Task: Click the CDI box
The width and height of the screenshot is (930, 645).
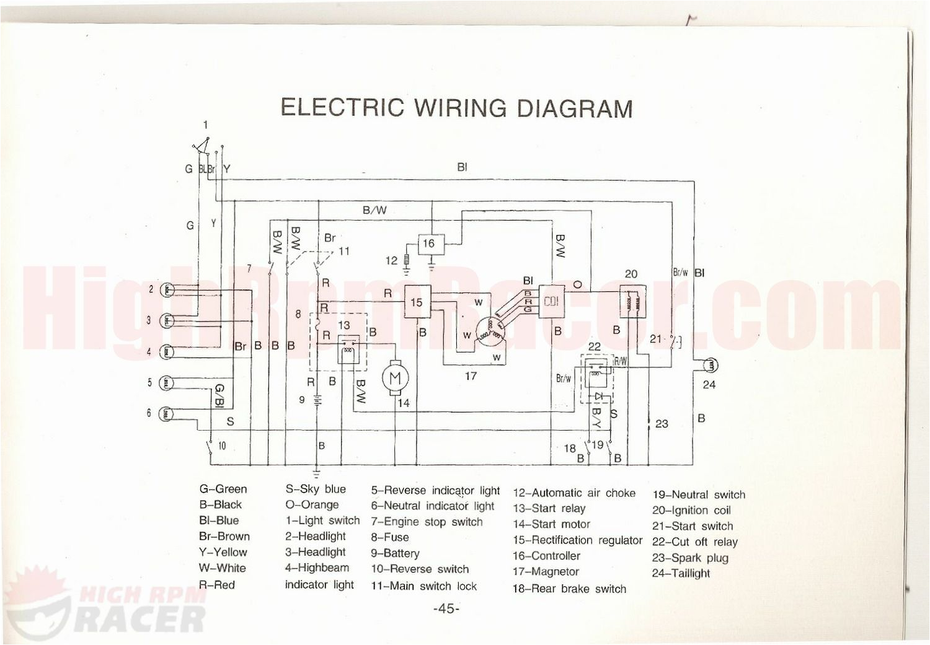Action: pos(551,302)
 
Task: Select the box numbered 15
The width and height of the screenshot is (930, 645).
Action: pos(417,302)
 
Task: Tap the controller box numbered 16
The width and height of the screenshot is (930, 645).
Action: pos(429,244)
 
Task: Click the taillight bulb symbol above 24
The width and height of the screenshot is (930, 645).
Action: pos(709,366)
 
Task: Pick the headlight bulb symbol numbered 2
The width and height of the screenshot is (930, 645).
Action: pos(168,289)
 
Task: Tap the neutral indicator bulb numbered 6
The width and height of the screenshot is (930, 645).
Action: pos(168,413)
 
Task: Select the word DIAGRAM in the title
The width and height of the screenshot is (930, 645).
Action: pos(575,108)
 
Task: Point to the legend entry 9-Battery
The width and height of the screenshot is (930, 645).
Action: pos(395,553)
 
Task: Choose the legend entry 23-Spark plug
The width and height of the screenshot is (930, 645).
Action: pos(690,558)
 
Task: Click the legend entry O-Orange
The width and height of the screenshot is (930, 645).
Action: pos(312,505)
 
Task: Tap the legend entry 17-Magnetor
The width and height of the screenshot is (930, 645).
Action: pos(546,572)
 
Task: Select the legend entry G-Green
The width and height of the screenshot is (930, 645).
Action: pos(223,489)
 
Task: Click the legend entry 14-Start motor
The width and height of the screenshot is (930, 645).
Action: pos(551,524)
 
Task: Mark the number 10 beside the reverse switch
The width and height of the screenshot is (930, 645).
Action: pos(222,445)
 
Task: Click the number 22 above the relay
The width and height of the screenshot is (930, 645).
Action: pos(594,347)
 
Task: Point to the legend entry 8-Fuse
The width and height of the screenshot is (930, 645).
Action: pos(390,537)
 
